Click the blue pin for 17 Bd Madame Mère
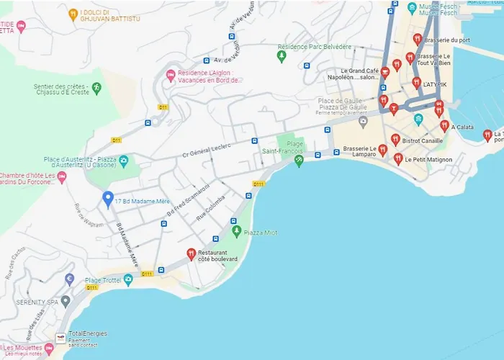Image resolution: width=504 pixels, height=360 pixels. tap(108, 199)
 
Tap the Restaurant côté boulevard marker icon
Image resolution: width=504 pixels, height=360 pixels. tap(191, 253)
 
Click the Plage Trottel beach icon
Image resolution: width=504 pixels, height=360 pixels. tap(128, 279)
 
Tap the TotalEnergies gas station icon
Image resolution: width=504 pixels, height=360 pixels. tap(60, 337)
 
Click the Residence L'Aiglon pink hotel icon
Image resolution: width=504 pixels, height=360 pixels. tap(171, 75)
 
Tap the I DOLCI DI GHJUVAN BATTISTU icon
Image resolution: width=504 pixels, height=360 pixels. tap(73, 14)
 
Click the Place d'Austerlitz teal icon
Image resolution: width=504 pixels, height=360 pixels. tap(124, 160)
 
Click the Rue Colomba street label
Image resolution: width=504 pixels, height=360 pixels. tap(211, 206)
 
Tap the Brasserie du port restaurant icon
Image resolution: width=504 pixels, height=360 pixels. tap(417, 39)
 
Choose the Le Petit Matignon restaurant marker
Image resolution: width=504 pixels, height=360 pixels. tap(397, 158)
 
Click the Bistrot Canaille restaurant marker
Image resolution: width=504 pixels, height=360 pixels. tap(395, 139)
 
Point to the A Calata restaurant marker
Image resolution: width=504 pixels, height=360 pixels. tap(444, 126)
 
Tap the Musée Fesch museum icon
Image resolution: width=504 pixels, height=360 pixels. tap(412, 9)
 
